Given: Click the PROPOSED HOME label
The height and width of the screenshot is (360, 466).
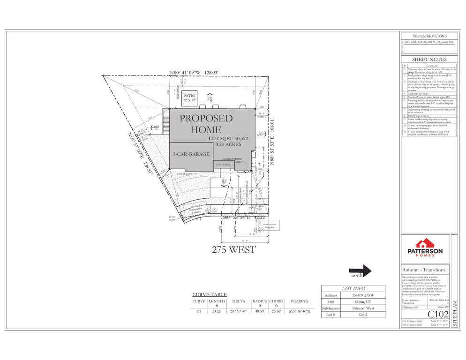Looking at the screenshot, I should coord(206,123).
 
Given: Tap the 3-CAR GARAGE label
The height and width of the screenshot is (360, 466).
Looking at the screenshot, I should coord(191,154).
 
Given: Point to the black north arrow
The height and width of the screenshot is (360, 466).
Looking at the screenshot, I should coord(361,270).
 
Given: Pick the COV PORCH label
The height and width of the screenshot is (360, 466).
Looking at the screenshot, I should coord(224,165).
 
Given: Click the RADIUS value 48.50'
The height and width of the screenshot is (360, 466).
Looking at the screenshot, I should coord(259,310).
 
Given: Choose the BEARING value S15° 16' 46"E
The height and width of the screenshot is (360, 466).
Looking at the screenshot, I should coord(300,310).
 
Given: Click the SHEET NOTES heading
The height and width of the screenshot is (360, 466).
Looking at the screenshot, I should coord(428,60).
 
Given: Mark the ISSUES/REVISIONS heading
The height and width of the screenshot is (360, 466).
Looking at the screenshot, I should coord(428,36).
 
